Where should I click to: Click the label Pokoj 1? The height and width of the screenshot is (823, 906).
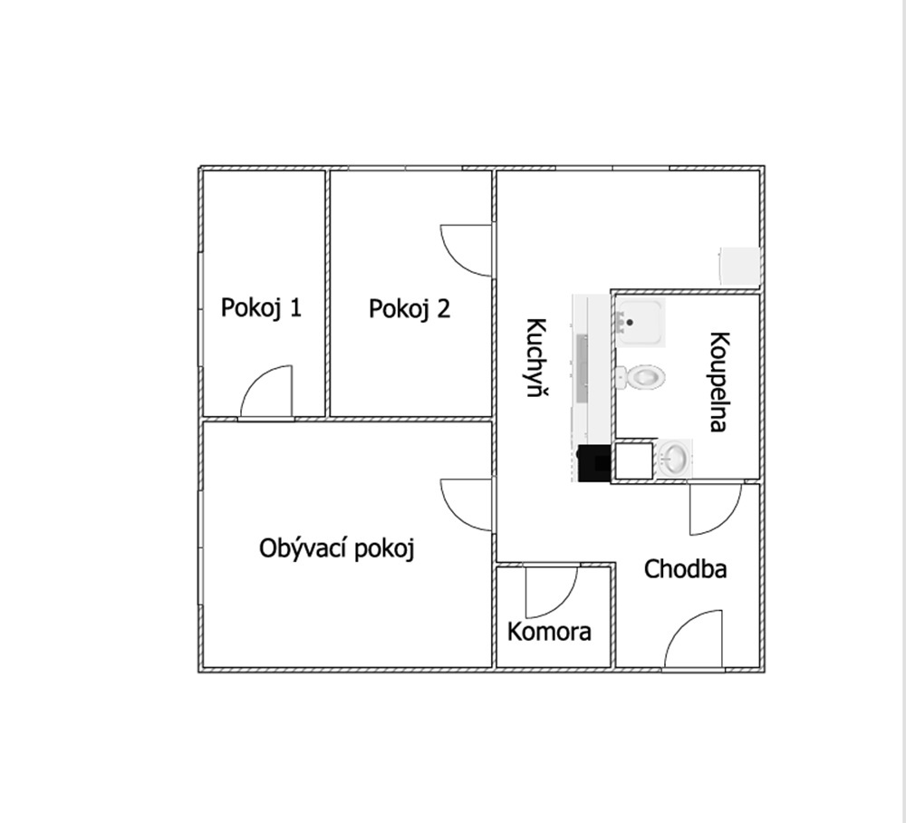pyautogui.click(x=261, y=308)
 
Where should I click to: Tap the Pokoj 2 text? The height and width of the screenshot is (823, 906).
pyautogui.click(x=410, y=309)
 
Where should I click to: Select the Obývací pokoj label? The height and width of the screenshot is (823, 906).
pyautogui.click(x=337, y=548)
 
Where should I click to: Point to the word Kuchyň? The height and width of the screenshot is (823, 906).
pyautogui.click(x=537, y=357)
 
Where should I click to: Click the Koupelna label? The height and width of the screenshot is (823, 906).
pyautogui.click(x=718, y=382)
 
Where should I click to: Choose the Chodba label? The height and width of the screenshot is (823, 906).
pyautogui.click(x=685, y=569)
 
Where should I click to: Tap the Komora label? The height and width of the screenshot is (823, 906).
pyautogui.click(x=549, y=632)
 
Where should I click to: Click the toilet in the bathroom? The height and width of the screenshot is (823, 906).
pyautogui.click(x=640, y=377)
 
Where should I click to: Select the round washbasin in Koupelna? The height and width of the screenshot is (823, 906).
pyautogui.click(x=674, y=459)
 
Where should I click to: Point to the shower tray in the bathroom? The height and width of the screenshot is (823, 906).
pyautogui.click(x=640, y=322)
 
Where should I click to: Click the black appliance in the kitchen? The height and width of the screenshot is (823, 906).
pyautogui.click(x=594, y=463)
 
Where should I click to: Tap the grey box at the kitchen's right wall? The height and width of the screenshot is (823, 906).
pyautogui.click(x=739, y=266)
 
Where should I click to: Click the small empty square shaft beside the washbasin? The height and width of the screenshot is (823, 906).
pyautogui.click(x=634, y=460)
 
